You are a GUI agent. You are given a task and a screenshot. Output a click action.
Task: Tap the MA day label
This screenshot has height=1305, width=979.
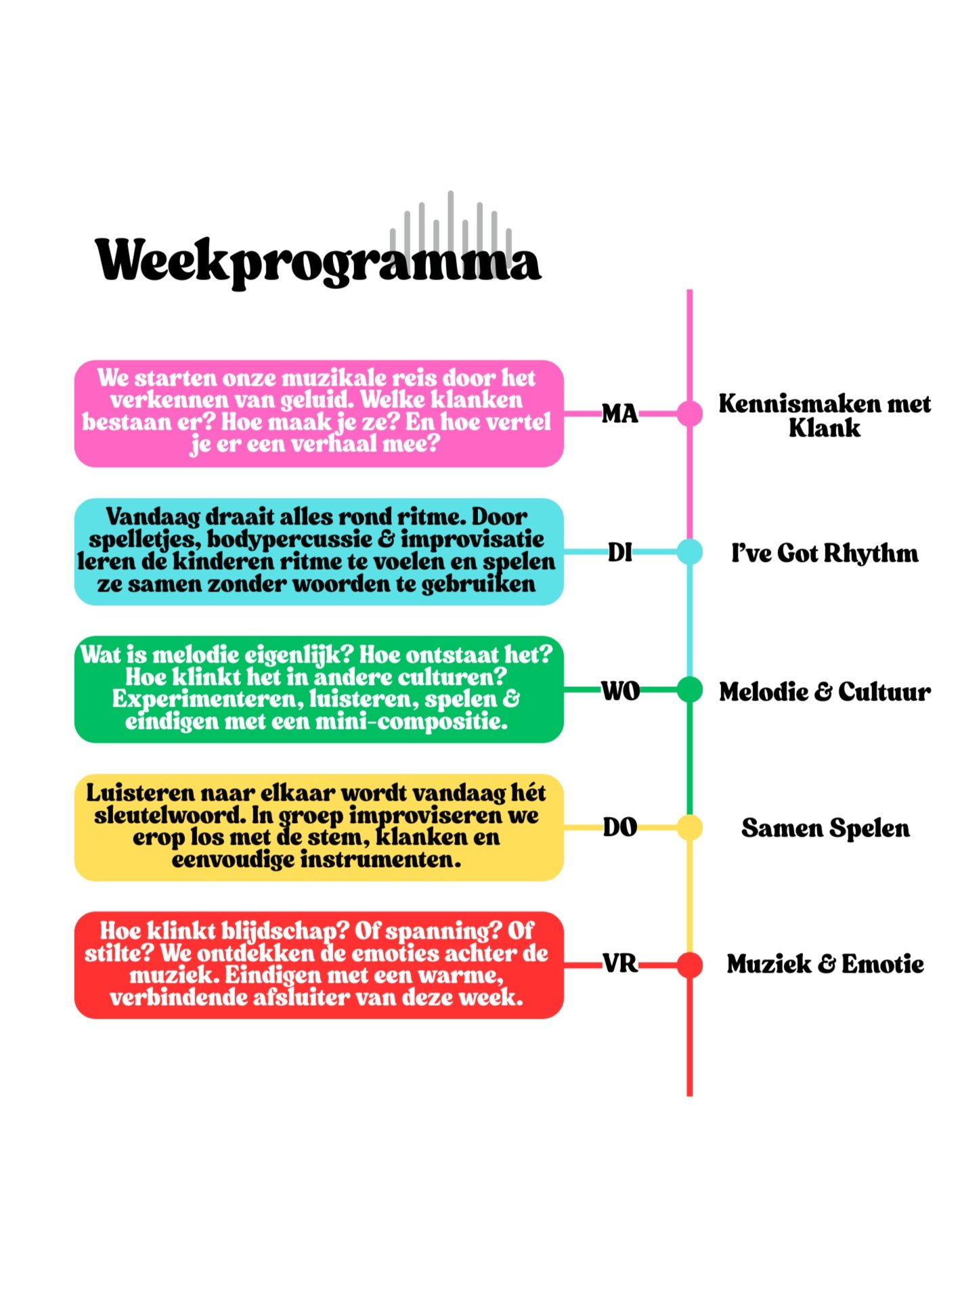pyautogui.click(x=619, y=413)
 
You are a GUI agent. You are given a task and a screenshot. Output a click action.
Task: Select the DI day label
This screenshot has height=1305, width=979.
pyautogui.click(x=619, y=552)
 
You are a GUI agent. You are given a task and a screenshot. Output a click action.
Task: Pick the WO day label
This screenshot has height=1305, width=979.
pyautogui.click(x=620, y=691)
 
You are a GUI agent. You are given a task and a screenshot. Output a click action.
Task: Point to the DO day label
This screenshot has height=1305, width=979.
pyautogui.click(x=619, y=827)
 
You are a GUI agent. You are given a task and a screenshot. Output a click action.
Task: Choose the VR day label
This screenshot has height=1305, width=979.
pyautogui.click(x=619, y=964)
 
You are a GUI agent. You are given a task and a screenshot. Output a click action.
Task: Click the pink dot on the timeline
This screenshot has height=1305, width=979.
pyautogui.click(x=689, y=413)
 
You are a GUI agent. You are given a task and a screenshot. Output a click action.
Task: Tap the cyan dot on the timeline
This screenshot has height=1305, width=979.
pyautogui.click(x=689, y=552)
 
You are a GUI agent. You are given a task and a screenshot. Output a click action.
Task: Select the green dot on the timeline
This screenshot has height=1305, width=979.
pyautogui.click(x=689, y=690)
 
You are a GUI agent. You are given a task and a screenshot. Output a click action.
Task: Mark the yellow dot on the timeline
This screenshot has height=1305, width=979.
pyautogui.click(x=689, y=827)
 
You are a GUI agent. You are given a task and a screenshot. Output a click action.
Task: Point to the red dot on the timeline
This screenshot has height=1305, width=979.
pyautogui.click(x=689, y=965)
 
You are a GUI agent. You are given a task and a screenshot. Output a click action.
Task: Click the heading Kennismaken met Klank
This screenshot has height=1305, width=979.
pyautogui.click(x=824, y=416)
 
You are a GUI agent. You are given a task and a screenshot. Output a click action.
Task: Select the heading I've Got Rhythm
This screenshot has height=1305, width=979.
pyautogui.click(x=824, y=553)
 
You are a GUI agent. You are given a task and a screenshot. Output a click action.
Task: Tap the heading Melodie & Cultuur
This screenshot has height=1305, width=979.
pyautogui.click(x=824, y=691)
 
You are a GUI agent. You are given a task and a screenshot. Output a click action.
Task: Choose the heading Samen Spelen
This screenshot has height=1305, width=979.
pyautogui.click(x=825, y=828)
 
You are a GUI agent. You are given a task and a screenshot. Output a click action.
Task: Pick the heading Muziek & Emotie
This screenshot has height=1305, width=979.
pyautogui.click(x=825, y=964)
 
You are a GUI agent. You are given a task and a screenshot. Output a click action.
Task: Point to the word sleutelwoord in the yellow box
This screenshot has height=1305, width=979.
pyautogui.click(x=169, y=815)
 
